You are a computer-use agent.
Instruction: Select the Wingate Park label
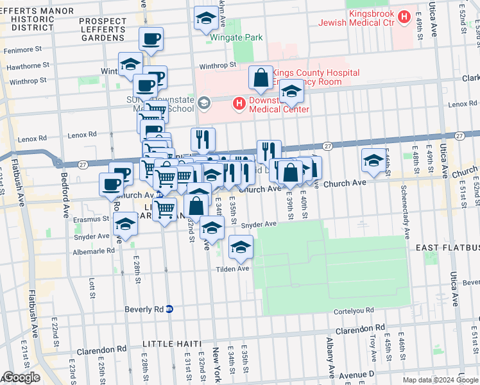pyautogui.click(x=236, y=38)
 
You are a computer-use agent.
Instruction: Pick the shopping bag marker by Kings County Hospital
pyautogui.click(x=261, y=78)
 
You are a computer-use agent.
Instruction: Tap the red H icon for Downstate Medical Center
pyautogui.click(x=239, y=103)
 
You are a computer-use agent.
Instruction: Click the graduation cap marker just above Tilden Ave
pyautogui.click(x=241, y=248)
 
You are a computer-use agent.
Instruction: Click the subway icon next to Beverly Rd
pyautogui.click(x=169, y=309)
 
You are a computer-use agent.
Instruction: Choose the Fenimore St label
pyautogui.click(x=24, y=48)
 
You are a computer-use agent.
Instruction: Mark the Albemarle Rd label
pyautogui.click(x=94, y=251)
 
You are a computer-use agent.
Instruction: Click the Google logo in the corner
pyautogui.click(x=21, y=378)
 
